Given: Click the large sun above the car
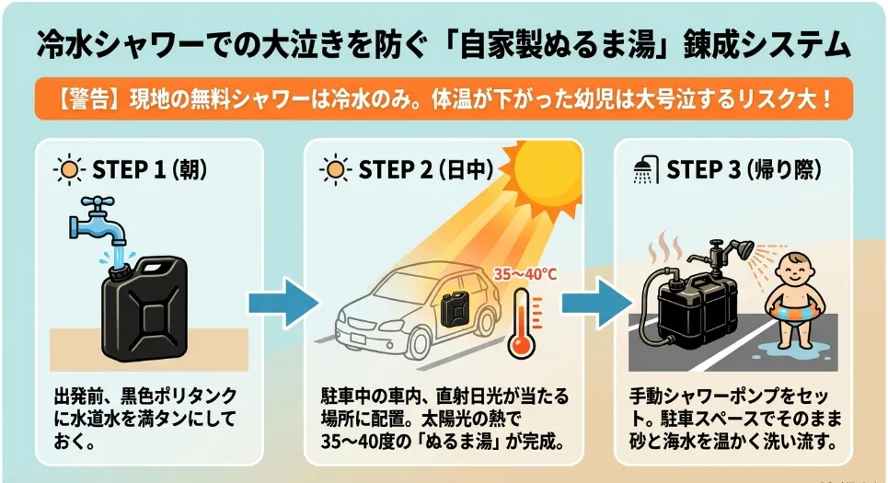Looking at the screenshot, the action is coord(545,174).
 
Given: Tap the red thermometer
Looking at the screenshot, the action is coord(522,323).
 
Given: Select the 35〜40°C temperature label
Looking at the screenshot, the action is coord(525,275).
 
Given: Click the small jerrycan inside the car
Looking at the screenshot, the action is coord(455,308).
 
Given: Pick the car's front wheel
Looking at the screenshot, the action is coord(418,342).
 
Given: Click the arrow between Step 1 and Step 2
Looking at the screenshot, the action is coord(283,303).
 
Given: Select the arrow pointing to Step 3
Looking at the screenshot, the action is coord(597,303).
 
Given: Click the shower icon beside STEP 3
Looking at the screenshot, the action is coord(645,170).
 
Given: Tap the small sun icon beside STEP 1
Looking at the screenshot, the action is coord(69,169).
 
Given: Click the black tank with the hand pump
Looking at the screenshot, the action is coord(697,308).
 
